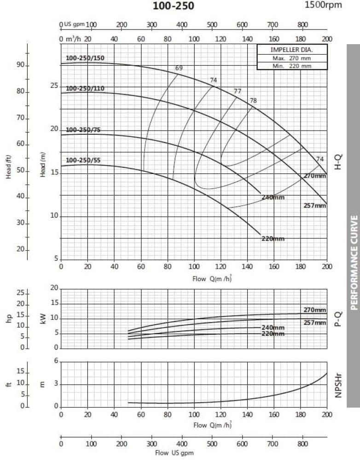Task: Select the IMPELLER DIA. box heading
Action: [292, 50]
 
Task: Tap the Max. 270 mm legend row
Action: [292, 58]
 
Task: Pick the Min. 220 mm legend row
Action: [292, 66]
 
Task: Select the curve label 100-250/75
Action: [83, 130]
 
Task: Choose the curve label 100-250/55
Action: [83, 161]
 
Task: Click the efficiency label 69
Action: [179, 68]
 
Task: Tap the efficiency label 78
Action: [253, 100]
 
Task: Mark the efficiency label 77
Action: [238, 91]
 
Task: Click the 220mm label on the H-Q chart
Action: [273, 239]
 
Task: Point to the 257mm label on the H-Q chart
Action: [315, 205]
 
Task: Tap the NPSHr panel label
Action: [338, 385]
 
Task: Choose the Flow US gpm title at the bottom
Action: [174, 453]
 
